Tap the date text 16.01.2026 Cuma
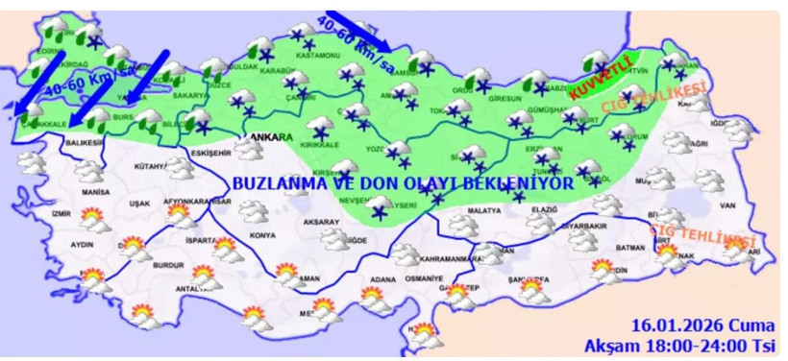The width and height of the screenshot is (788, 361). [x=703, y=324]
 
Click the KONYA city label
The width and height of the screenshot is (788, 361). [x=261, y=235]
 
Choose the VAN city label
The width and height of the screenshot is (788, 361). [x=726, y=205]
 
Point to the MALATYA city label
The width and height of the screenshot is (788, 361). [x=486, y=209]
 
